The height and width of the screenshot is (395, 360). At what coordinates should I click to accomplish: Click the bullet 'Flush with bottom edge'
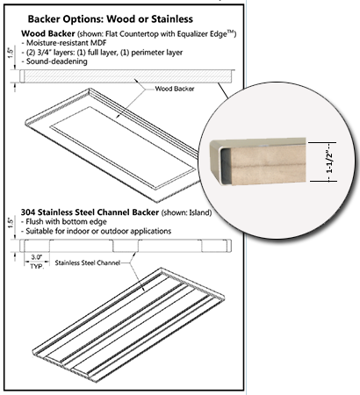click(62, 222)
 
